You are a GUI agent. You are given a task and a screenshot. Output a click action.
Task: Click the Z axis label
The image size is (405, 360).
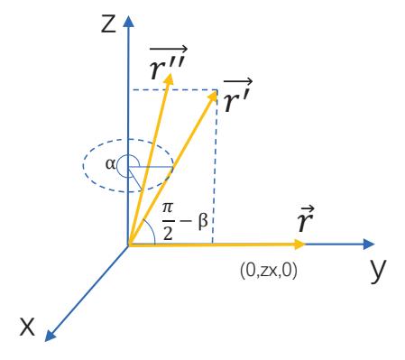(x=108, y=24)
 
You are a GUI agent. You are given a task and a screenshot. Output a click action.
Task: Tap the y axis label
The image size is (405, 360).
(x=378, y=270)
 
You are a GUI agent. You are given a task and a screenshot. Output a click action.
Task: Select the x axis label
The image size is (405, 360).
(x=27, y=327)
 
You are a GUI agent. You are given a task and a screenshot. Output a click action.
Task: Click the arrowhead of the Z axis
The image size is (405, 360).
(x=129, y=22)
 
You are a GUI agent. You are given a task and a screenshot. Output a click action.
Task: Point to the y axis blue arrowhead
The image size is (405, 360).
(x=369, y=245)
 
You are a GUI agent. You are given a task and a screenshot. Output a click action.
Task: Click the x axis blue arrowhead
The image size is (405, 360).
(x=50, y=336)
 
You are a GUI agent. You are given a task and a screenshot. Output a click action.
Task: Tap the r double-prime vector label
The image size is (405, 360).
(x=168, y=63)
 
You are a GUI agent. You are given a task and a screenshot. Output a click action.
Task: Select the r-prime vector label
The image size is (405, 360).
(x=237, y=95)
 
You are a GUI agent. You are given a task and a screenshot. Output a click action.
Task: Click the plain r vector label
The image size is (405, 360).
(x=306, y=218)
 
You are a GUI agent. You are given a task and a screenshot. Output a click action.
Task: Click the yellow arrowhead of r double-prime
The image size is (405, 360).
(x=170, y=78)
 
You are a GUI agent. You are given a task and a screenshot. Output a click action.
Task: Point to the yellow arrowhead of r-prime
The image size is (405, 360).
(x=212, y=96)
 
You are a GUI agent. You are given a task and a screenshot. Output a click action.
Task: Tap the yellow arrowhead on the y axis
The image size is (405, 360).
(x=299, y=245)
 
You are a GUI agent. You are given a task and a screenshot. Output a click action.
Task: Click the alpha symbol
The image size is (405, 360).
(x=110, y=164)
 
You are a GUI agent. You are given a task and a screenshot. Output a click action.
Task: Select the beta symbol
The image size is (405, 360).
(x=203, y=222)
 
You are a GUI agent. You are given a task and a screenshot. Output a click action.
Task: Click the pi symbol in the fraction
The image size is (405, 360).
(x=168, y=208)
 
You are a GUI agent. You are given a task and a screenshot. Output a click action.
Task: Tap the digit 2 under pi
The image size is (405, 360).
(x=168, y=232)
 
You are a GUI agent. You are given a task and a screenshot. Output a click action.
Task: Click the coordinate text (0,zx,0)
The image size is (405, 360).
(x=269, y=271)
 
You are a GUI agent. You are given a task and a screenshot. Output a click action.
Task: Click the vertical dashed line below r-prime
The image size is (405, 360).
(x=215, y=167)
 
